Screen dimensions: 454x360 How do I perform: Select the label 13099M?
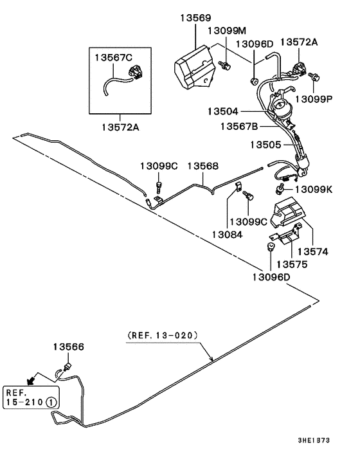tap(227, 31)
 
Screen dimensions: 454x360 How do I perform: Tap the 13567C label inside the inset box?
tap(114, 57)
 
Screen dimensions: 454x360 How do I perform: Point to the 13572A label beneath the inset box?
tap(118, 127)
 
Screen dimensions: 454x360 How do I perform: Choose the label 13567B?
tap(239, 126)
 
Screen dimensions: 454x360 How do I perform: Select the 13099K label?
tap(314, 190)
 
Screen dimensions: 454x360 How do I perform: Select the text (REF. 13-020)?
tap(162, 335)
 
